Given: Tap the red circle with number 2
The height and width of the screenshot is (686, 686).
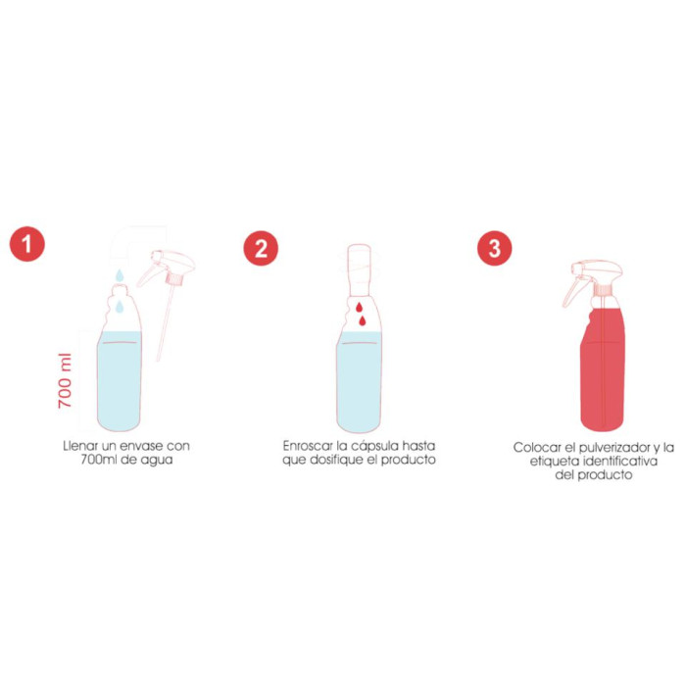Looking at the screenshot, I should pos(261,247).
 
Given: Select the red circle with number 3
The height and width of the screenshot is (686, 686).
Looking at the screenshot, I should pos(494,247).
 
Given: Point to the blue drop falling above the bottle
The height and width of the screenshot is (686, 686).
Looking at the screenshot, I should pos(117,274).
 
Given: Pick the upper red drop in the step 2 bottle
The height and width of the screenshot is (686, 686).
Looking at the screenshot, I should pos(363,306).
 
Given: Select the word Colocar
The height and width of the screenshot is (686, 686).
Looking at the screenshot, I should pos(535,447).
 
